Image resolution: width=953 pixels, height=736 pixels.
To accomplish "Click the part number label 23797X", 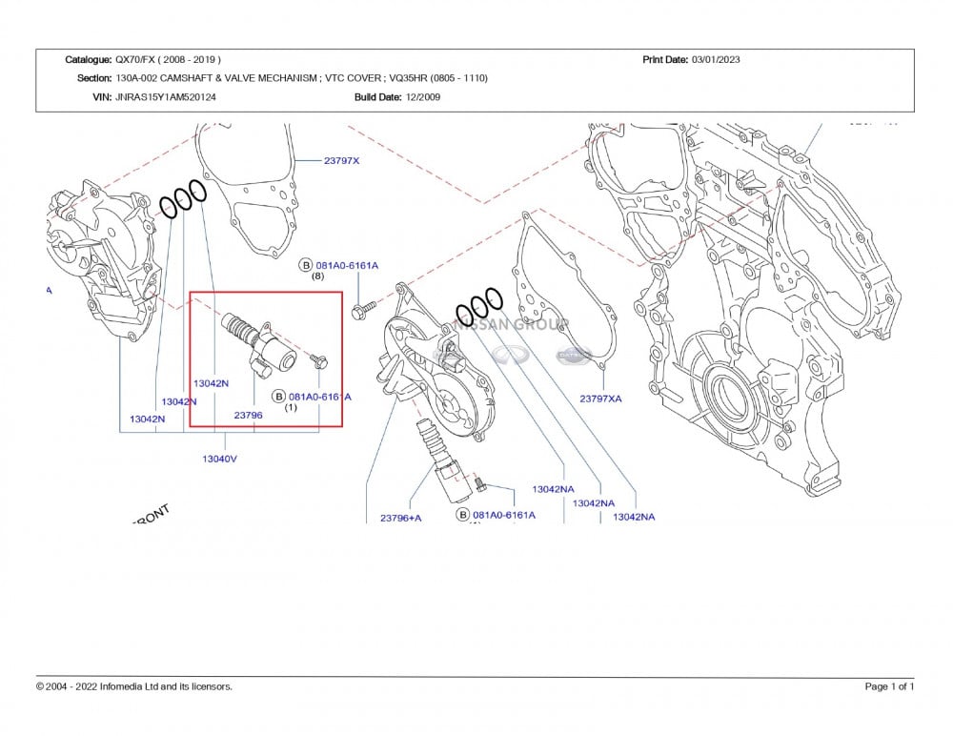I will click(x=342, y=161).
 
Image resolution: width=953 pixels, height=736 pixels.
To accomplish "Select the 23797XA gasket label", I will click(x=600, y=399).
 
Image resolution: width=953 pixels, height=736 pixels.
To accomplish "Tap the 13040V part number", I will click(x=219, y=459).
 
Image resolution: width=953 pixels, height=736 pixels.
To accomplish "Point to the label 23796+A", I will click(x=400, y=518).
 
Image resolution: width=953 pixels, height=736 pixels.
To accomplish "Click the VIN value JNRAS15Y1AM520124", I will click(x=166, y=96).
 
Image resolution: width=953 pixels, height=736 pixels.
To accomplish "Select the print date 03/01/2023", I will click(x=716, y=60).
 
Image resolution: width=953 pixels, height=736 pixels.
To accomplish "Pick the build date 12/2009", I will click(x=423, y=96).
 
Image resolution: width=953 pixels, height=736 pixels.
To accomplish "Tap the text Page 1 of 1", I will click(x=889, y=686).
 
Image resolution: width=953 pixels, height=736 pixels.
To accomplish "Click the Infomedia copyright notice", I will click(x=134, y=686).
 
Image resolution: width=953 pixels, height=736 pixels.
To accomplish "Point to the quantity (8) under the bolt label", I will click(x=318, y=276).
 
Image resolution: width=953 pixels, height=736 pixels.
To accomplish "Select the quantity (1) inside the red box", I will click(x=292, y=407).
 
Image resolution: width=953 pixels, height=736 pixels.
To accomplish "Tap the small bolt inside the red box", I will click(x=318, y=359).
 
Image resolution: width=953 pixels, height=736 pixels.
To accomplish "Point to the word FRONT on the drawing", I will click(x=151, y=516).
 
